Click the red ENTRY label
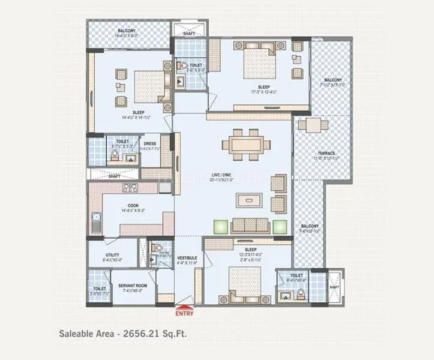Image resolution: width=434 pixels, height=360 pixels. pyautogui.click(x=184, y=312)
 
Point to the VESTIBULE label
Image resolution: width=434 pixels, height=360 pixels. pyautogui.click(x=187, y=258)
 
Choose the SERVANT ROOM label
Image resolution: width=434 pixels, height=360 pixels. pyautogui.click(x=130, y=285)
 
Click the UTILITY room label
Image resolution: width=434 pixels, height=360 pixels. pyautogui.click(x=112, y=255)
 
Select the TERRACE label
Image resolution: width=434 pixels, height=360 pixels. pyautogui.click(x=327, y=154)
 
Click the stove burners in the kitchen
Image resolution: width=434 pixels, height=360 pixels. pyautogui.click(x=131, y=188)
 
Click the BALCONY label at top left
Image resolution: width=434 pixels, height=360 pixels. pyautogui.click(x=126, y=31)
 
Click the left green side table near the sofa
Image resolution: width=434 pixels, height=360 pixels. pyautogui.click(x=221, y=226)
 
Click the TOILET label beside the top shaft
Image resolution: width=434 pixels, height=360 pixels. pyautogui.click(x=196, y=64)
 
